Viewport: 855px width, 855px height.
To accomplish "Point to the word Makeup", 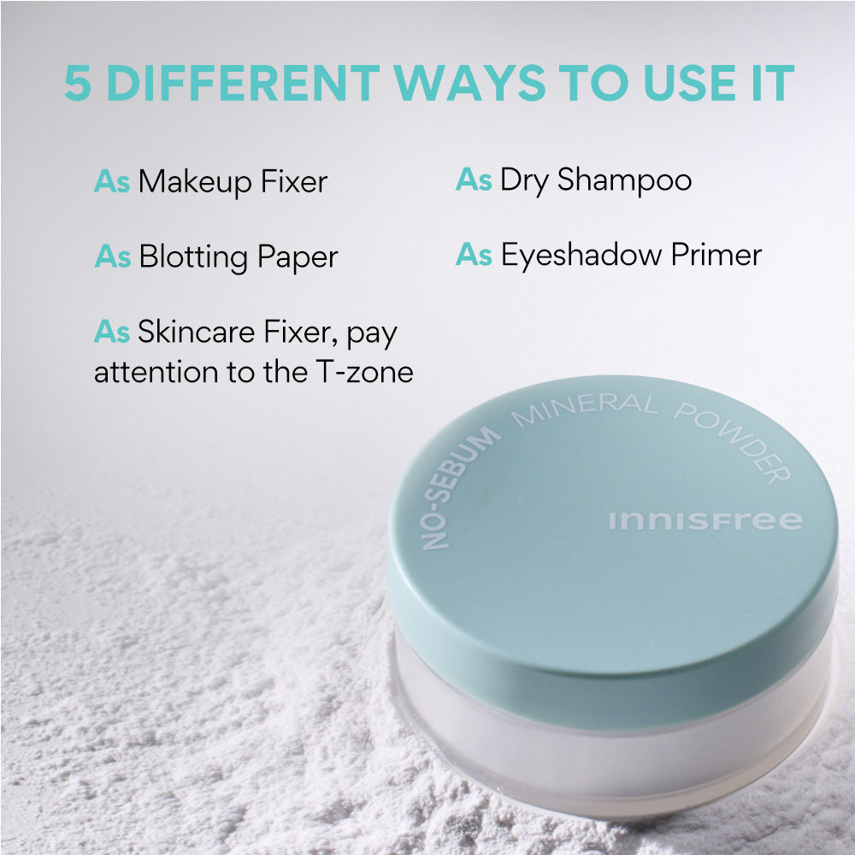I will point(195,182).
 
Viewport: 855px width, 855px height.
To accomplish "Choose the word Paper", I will point(298,257).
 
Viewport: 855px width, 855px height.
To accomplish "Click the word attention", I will point(144,372).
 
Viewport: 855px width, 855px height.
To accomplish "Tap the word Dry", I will point(524,180).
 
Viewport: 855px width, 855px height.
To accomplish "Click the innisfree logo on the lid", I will point(705,521).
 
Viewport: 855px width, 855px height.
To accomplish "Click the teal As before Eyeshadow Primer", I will point(474,256).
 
